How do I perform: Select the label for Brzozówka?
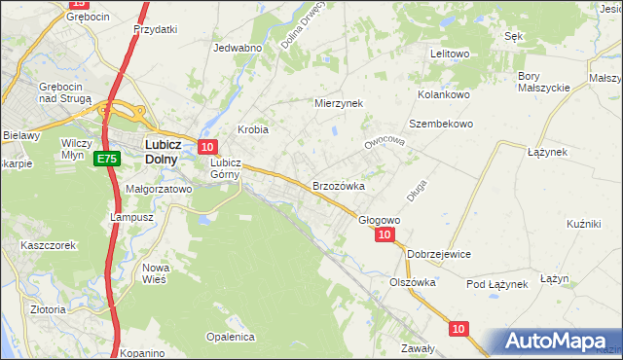(338, 185)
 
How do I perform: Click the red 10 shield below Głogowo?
(385, 234)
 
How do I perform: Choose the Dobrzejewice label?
(439, 254)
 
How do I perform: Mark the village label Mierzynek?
(338, 102)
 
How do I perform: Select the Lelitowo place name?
(450, 54)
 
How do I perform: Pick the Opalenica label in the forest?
(230, 337)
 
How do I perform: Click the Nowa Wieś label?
(156, 272)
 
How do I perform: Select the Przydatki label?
(156, 29)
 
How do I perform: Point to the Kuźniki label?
(583, 224)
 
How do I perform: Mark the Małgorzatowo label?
(159, 190)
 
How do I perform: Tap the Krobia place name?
(253, 129)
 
